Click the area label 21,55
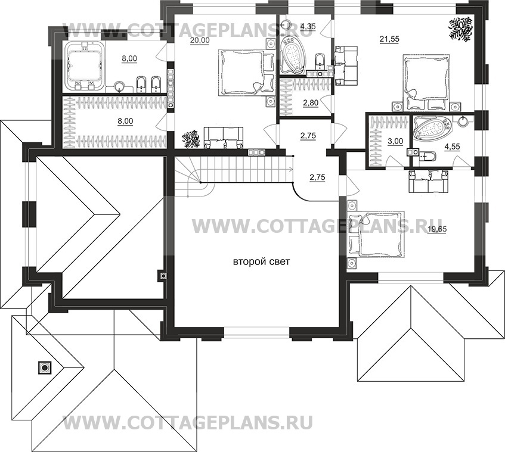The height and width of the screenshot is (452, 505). click(x=388, y=39)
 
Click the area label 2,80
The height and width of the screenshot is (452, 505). click(x=311, y=103)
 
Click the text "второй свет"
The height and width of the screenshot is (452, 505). click(x=256, y=262)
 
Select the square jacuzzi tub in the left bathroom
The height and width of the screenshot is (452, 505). click(x=84, y=66)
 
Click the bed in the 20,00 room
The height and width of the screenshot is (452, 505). click(x=241, y=73)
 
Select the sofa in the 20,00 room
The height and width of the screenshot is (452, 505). click(x=224, y=137)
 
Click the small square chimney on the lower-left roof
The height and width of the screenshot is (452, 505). click(x=44, y=367)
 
